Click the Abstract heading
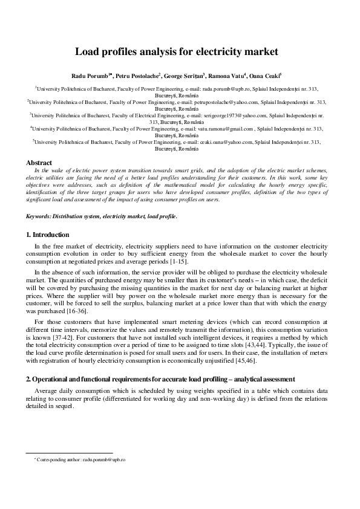pyautogui.click(x=38, y=163)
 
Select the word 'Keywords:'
pyautogui.click(x=38, y=216)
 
